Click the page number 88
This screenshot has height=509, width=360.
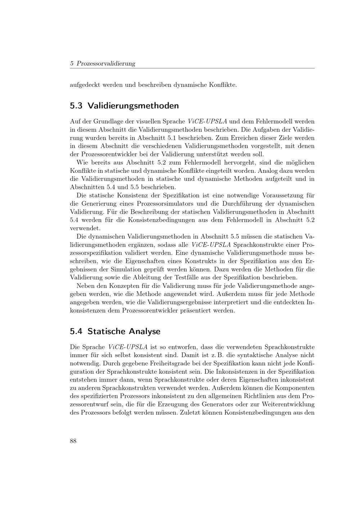click(73, 441)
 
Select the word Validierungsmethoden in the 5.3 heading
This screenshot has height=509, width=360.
click(133, 106)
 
